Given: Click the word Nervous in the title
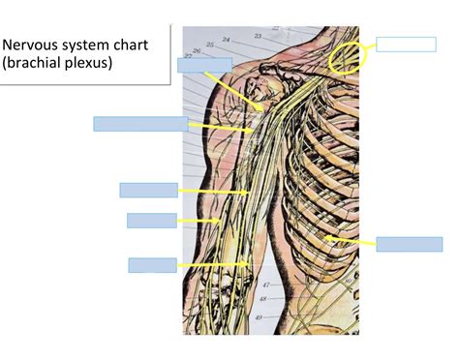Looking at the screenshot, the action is [x=33, y=45].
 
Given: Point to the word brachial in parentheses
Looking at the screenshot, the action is [x=39, y=63].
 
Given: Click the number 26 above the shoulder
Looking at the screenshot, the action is [x=197, y=49].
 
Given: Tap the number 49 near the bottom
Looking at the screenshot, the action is [x=259, y=316].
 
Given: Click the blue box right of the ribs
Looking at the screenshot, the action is [x=409, y=244].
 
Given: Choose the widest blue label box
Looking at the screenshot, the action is [x=140, y=123].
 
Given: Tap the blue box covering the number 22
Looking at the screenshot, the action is [x=203, y=65].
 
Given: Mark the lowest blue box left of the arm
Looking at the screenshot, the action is [x=152, y=265].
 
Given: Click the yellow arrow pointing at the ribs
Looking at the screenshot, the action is [x=350, y=240].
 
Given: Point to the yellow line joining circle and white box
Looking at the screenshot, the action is [x=370, y=46].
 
